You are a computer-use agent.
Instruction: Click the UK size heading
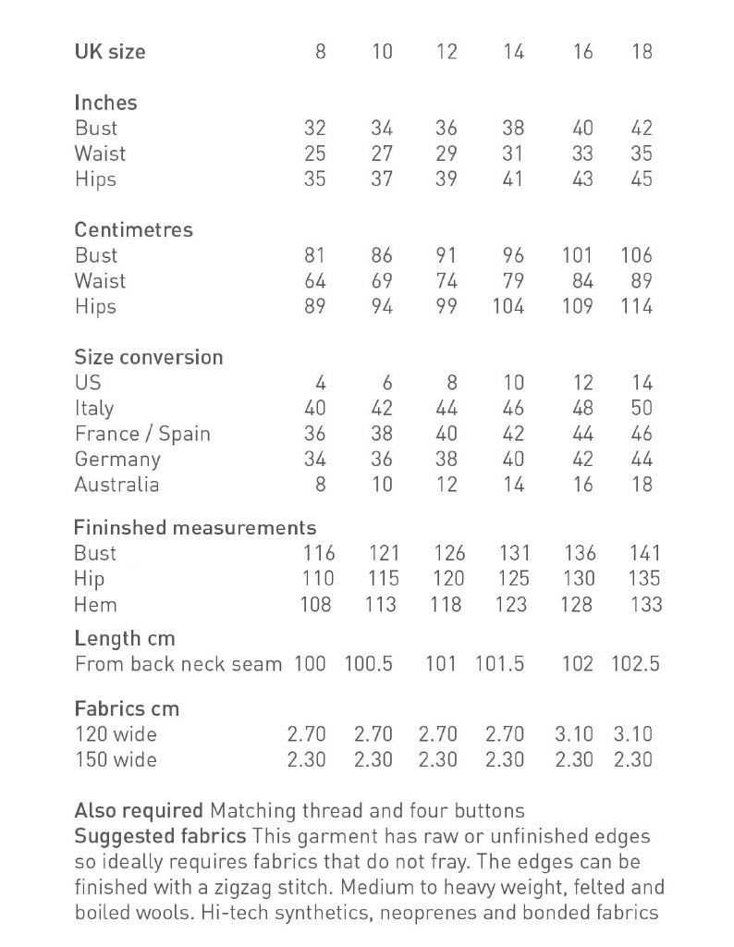pyautogui.click(x=110, y=52)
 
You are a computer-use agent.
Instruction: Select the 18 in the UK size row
pyautogui.click(x=642, y=52)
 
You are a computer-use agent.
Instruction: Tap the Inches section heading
pyautogui.click(x=105, y=103)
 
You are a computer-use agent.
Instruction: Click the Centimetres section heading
pyautogui.click(x=133, y=229)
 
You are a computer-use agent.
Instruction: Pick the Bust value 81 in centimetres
pyautogui.click(x=314, y=255)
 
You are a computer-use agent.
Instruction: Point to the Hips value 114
pyautogui.click(x=636, y=306)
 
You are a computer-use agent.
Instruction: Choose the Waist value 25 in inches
pyautogui.click(x=314, y=154)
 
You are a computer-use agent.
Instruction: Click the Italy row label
pyautogui.click(x=94, y=408)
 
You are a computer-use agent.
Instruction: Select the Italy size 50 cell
pyautogui.click(x=642, y=408)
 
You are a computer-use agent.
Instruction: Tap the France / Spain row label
pyautogui.click(x=142, y=434)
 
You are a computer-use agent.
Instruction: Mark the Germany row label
pyautogui.click(x=117, y=460)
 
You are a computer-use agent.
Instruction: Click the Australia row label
pyautogui.click(x=116, y=485)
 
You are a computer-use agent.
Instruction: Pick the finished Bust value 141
pyautogui.click(x=643, y=553)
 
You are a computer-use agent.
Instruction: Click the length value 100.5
pyautogui.click(x=368, y=664)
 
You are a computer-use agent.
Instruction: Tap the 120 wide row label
pyautogui.click(x=116, y=734)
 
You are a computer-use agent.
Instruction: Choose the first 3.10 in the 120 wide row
pyautogui.click(x=574, y=734)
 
